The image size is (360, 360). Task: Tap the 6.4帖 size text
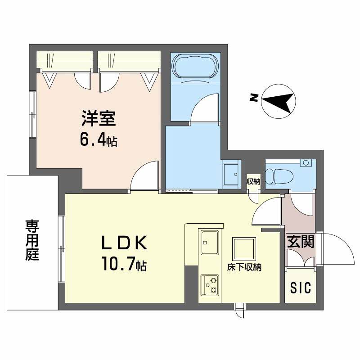(x=99, y=140)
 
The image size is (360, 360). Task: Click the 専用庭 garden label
(x=31, y=240)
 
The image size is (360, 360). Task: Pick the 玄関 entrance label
(x=301, y=242)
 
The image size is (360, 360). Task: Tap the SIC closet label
(x=300, y=288)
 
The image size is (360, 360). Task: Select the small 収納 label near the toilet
(x=253, y=182)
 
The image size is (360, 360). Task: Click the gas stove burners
(x=209, y=283)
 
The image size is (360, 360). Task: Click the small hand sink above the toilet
(x=306, y=162)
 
